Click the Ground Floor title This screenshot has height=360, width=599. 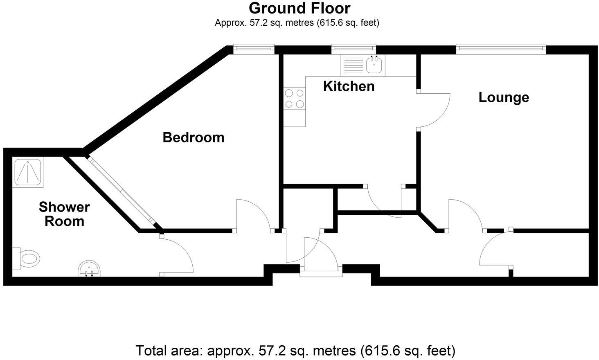(x=299, y=8)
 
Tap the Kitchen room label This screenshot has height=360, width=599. (x=349, y=86)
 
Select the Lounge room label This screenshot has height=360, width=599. (x=504, y=97)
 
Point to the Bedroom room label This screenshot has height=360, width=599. (x=194, y=137)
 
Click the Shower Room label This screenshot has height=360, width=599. (x=64, y=214)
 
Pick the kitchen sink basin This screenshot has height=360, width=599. (x=374, y=65)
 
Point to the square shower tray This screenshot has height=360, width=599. (x=28, y=173)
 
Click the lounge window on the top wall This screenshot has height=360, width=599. (x=501, y=49)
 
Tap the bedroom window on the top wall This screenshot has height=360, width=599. (x=254, y=49)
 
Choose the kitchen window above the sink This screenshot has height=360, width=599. (x=354, y=49)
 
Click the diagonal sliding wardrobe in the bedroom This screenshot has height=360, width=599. (x=122, y=190)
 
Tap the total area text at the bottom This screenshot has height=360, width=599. (x=295, y=351)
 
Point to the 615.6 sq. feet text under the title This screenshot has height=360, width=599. (x=349, y=23)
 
